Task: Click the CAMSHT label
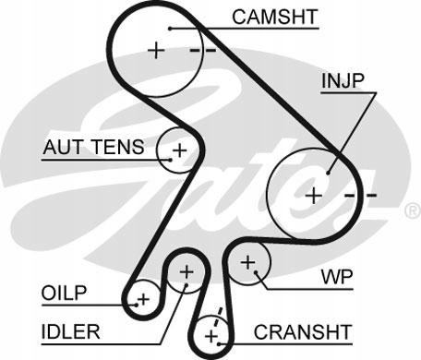click(x=275, y=17)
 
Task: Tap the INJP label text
click(x=343, y=81)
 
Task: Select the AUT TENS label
click(x=93, y=147)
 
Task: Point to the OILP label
click(x=64, y=293)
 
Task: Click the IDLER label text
click(x=70, y=331)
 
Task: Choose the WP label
click(x=337, y=277)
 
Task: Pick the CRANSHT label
click(x=303, y=331)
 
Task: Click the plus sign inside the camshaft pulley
click(x=156, y=50)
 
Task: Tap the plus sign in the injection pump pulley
click(x=314, y=196)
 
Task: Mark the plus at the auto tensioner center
click(x=180, y=150)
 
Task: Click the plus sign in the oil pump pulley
click(x=143, y=299)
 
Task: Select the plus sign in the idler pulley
click(x=186, y=271)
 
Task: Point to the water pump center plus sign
click(x=247, y=262)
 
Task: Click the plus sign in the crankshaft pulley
click(x=211, y=336)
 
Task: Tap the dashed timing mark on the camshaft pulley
click(x=203, y=50)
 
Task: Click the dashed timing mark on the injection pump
click(x=360, y=195)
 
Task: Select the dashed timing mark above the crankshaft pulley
click(x=218, y=318)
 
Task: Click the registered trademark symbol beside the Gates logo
click(x=412, y=211)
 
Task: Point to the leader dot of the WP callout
click(x=256, y=272)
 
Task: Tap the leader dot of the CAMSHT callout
click(x=170, y=29)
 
